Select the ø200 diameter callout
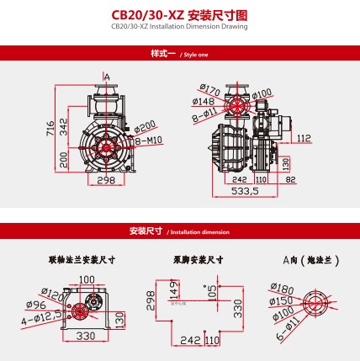(x=148, y=125)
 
